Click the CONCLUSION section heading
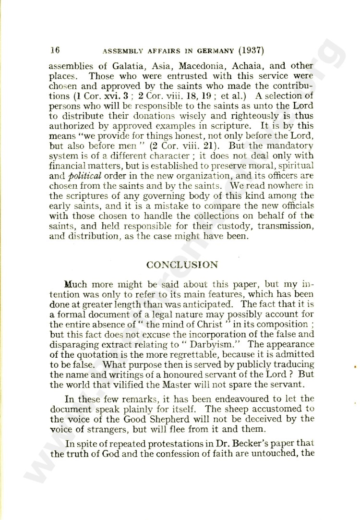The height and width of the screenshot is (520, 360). (182, 265)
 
